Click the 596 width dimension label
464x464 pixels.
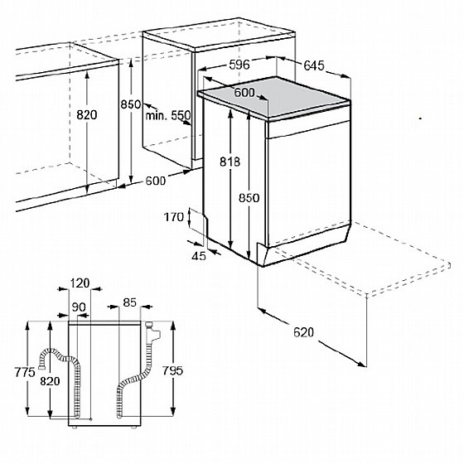click(239, 65)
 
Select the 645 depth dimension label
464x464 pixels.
click(314, 65)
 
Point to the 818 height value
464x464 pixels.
click(230, 162)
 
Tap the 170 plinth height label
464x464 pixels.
click(174, 217)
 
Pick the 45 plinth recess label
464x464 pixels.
click(199, 256)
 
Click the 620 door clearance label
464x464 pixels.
click(303, 332)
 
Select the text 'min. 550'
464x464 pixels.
click(168, 115)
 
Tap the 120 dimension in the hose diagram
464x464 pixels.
click(80, 283)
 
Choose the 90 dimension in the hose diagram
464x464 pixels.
click(79, 307)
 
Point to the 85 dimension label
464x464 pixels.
click(129, 302)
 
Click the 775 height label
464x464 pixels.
click(25, 372)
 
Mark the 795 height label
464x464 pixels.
click(173, 370)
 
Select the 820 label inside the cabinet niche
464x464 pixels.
click(87, 114)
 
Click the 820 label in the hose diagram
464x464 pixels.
click(50, 381)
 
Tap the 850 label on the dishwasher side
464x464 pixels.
click(249, 198)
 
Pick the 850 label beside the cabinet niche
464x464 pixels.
click(131, 104)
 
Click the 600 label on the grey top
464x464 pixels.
click(244, 93)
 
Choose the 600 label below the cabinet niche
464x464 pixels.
click(156, 181)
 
